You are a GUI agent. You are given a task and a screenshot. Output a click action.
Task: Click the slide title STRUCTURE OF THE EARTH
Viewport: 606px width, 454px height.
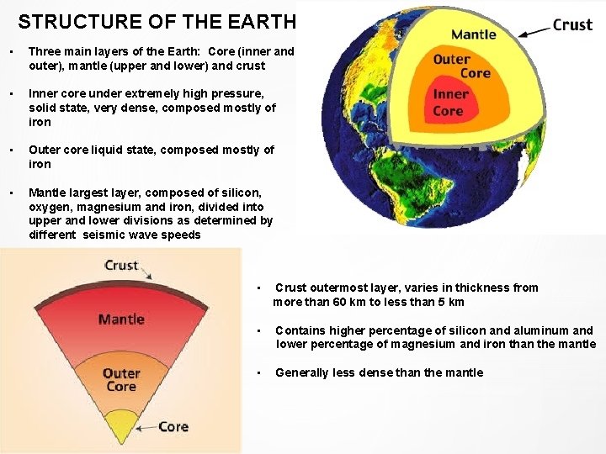(x=157, y=22)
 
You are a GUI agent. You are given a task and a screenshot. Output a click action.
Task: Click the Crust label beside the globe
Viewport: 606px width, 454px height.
(x=572, y=24)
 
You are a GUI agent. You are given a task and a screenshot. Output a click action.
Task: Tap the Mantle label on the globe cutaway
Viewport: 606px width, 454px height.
(x=474, y=34)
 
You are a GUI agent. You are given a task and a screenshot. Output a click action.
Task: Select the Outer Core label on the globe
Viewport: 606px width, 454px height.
(x=461, y=66)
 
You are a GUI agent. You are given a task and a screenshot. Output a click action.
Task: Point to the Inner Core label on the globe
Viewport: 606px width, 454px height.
(x=450, y=103)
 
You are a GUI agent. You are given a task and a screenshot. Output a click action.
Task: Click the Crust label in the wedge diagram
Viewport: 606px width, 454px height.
(x=121, y=265)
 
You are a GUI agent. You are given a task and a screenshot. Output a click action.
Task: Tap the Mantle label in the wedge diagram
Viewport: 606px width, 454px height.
(x=121, y=319)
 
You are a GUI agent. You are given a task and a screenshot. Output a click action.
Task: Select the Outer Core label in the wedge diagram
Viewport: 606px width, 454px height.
(x=121, y=380)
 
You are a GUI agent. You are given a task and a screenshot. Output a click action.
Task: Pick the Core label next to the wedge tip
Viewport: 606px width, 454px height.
(x=173, y=426)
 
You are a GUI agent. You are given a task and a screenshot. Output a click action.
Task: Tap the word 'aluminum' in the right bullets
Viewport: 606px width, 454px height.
(x=540, y=330)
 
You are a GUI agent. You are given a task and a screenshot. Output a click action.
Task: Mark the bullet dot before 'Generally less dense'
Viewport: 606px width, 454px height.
(x=260, y=372)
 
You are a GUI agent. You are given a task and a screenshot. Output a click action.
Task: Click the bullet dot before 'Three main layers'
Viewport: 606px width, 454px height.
(x=8, y=51)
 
